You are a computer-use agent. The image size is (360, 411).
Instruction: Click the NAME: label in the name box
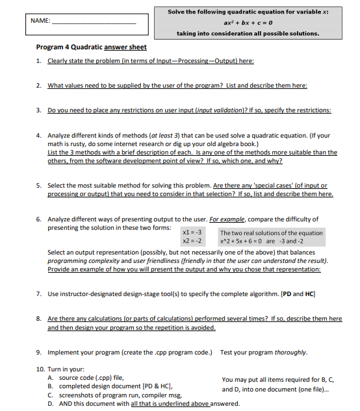(x=41, y=21)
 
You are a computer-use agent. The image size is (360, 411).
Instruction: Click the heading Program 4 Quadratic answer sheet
(x=91, y=47)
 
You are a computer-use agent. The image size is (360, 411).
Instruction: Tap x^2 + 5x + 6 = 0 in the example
(x=246, y=241)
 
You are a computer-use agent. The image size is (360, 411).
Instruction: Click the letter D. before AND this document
(x=51, y=403)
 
